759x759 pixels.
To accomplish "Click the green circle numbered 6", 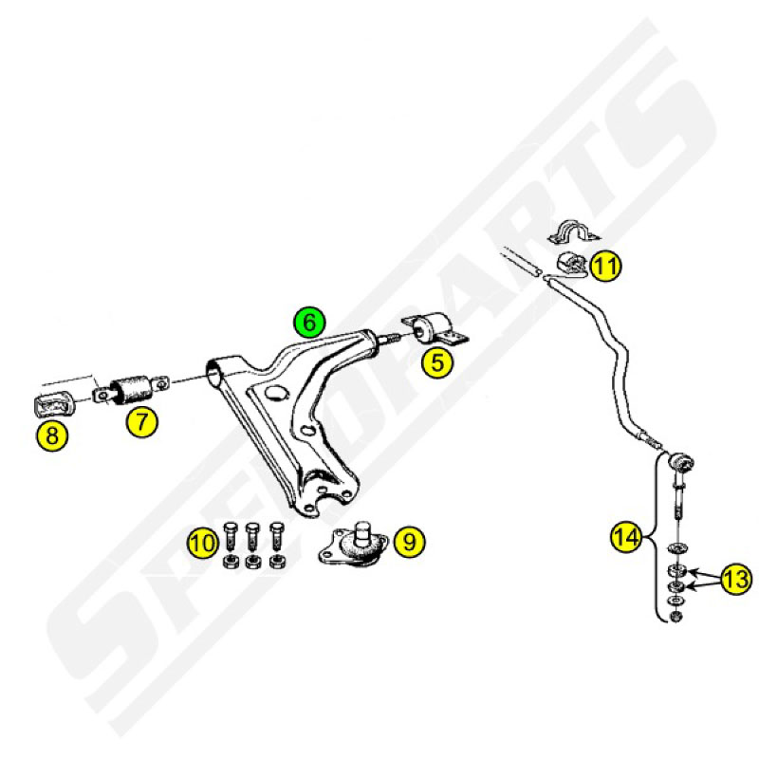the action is [310, 322].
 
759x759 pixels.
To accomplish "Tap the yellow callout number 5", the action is [437, 362].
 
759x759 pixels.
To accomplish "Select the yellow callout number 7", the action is [141, 421].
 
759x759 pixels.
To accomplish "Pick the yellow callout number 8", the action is [52, 435].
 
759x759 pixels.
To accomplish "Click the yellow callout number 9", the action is [410, 541].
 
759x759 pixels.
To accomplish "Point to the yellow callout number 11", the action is [606, 266].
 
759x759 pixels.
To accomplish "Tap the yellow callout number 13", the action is [737, 579].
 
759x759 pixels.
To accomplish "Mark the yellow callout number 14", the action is [627, 536].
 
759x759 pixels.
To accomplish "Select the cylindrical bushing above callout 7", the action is [132, 389].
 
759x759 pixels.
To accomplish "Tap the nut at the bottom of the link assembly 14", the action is [676, 617].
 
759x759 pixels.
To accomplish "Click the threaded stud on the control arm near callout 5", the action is [389, 339].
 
